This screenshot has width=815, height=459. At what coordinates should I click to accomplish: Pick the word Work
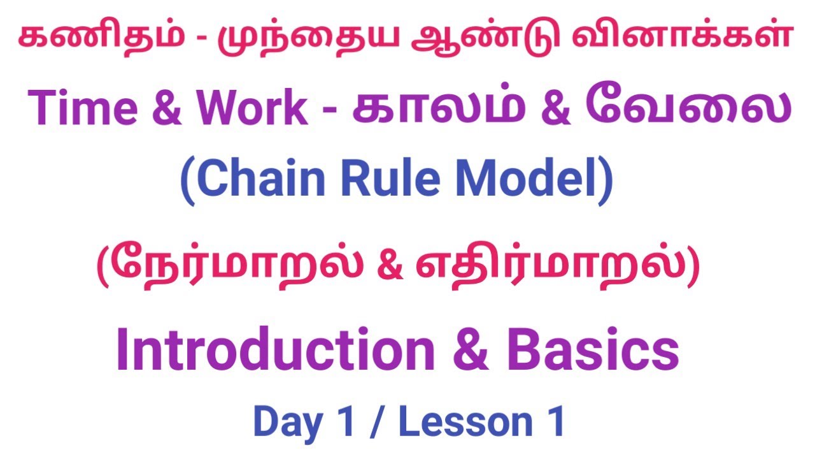click(x=252, y=108)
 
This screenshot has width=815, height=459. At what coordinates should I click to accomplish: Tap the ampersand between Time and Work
click(x=168, y=108)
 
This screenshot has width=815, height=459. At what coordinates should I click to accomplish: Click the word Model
click(x=535, y=180)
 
